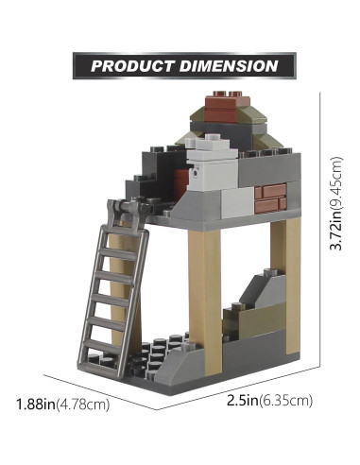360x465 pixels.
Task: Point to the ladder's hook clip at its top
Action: (x=117, y=203)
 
